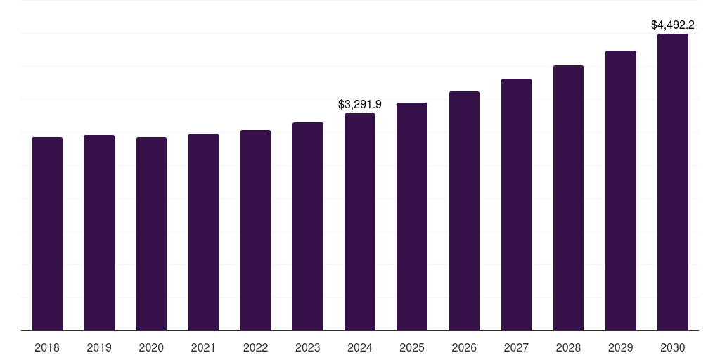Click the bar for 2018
[x=47, y=233]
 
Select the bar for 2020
[x=151, y=233]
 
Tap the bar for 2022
[x=255, y=230]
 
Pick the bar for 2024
[x=360, y=221]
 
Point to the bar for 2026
[x=464, y=211]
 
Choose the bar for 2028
[x=568, y=198]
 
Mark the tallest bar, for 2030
[x=673, y=182]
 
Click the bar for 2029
[x=621, y=191]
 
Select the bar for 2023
[x=308, y=226]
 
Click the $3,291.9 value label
[x=360, y=104]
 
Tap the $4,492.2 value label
[x=673, y=25]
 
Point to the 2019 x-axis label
[x=99, y=347]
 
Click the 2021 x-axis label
[x=203, y=347]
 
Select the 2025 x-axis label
[x=412, y=347]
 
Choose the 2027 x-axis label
[x=516, y=347]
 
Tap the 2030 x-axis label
[x=673, y=347]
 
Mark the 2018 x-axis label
[x=47, y=347]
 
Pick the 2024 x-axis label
[x=360, y=347]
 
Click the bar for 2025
[x=412, y=217]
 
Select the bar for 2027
[x=516, y=205]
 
